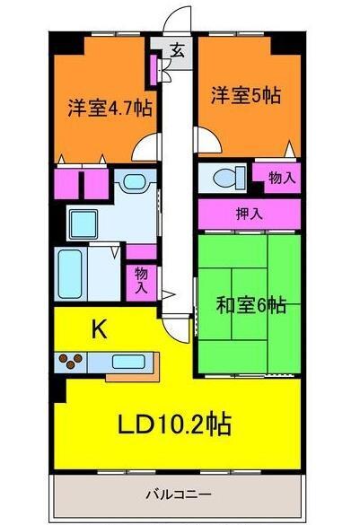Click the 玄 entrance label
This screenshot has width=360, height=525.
click(x=178, y=50)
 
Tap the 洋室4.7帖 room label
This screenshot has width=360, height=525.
click(x=109, y=109)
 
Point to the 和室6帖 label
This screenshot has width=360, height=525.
click(x=251, y=305)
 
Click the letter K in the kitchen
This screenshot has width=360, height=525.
click(x=101, y=330)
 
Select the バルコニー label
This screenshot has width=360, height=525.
click(x=180, y=494)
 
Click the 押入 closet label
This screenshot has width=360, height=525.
click(x=249, y=214)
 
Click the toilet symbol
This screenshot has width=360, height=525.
click(x=222, y=178)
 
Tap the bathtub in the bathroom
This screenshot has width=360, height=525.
click(x=72, y=274)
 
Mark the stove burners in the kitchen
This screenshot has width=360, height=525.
click(x=72, y=362)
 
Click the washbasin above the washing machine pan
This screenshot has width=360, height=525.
click(x=135, y=182)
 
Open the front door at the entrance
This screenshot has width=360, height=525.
click(x=179, y=18)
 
